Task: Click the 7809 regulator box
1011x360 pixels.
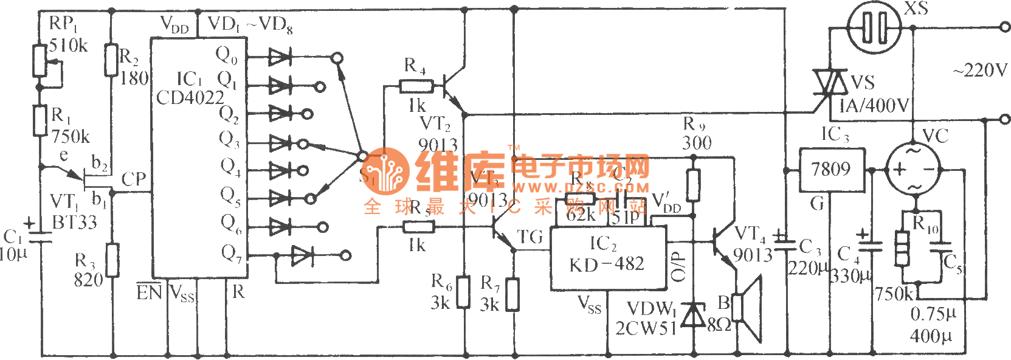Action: tap(831, 170)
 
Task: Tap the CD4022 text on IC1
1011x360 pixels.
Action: tap(190, 98)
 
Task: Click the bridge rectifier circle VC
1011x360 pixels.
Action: tap(913, 168)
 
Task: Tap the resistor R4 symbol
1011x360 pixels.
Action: tap(416, 86)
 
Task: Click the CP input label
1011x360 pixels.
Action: tap(134, 179)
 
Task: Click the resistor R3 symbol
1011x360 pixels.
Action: tap(112, 260)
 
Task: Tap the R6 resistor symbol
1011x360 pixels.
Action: tap(464, 292)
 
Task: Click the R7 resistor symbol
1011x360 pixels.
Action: tap(513, 294)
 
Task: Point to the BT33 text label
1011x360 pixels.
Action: tap(74, 223)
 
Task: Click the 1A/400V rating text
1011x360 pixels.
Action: tap(874, 106)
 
